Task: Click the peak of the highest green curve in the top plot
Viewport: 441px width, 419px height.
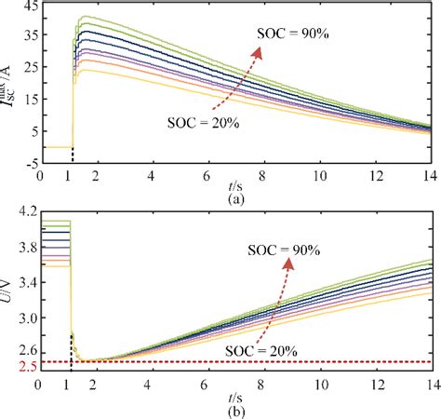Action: [87, 17]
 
